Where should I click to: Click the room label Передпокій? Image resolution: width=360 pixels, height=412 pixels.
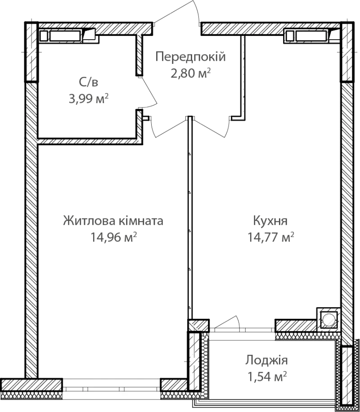pos(190,57)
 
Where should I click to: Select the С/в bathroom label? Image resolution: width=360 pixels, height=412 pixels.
pos(88,82)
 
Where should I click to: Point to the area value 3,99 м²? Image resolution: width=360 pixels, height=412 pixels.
pos(89,99)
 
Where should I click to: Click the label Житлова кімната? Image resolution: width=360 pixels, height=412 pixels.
pos(113,221)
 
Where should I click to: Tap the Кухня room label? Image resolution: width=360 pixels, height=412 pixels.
pos(270,221)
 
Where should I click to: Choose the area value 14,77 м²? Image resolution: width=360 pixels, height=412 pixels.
pos(270,237)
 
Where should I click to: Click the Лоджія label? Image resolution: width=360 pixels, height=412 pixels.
pos(266,360)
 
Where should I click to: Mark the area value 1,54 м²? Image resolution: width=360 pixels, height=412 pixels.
pos(267,376)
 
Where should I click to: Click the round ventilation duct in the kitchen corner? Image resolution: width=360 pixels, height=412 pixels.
pos(328,319)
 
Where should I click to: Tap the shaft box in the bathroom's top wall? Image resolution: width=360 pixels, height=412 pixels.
pos(69,36)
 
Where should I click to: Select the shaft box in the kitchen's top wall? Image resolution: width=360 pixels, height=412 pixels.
pos(312,36)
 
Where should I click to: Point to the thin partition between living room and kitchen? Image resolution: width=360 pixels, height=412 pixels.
pos(190,218)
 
